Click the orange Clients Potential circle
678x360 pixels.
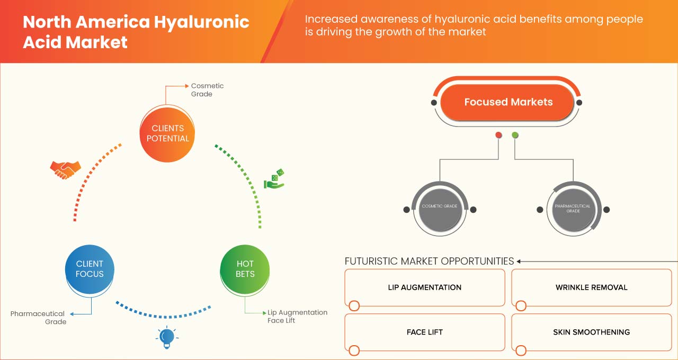tap(167, 133)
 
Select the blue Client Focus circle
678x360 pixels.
tap(90, 269)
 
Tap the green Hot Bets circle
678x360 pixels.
tap(245, 269)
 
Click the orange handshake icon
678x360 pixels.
tap(65, 169)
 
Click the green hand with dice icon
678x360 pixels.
tap(274, 179)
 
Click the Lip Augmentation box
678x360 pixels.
tap(424, 287)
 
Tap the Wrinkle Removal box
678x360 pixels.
tap(591, 287)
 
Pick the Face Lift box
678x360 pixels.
tap(424, 332)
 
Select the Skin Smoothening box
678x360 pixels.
tap(591, 332)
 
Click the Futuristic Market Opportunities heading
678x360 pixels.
tap(429, 261)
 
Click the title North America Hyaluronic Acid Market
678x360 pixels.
tap(136, 32)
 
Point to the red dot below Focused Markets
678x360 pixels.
tap(498, 136)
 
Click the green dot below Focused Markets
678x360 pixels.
tap(515, 136)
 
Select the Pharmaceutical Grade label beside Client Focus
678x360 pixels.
tap(38, 318)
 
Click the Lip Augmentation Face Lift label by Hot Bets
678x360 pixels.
tap(297, 317)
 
